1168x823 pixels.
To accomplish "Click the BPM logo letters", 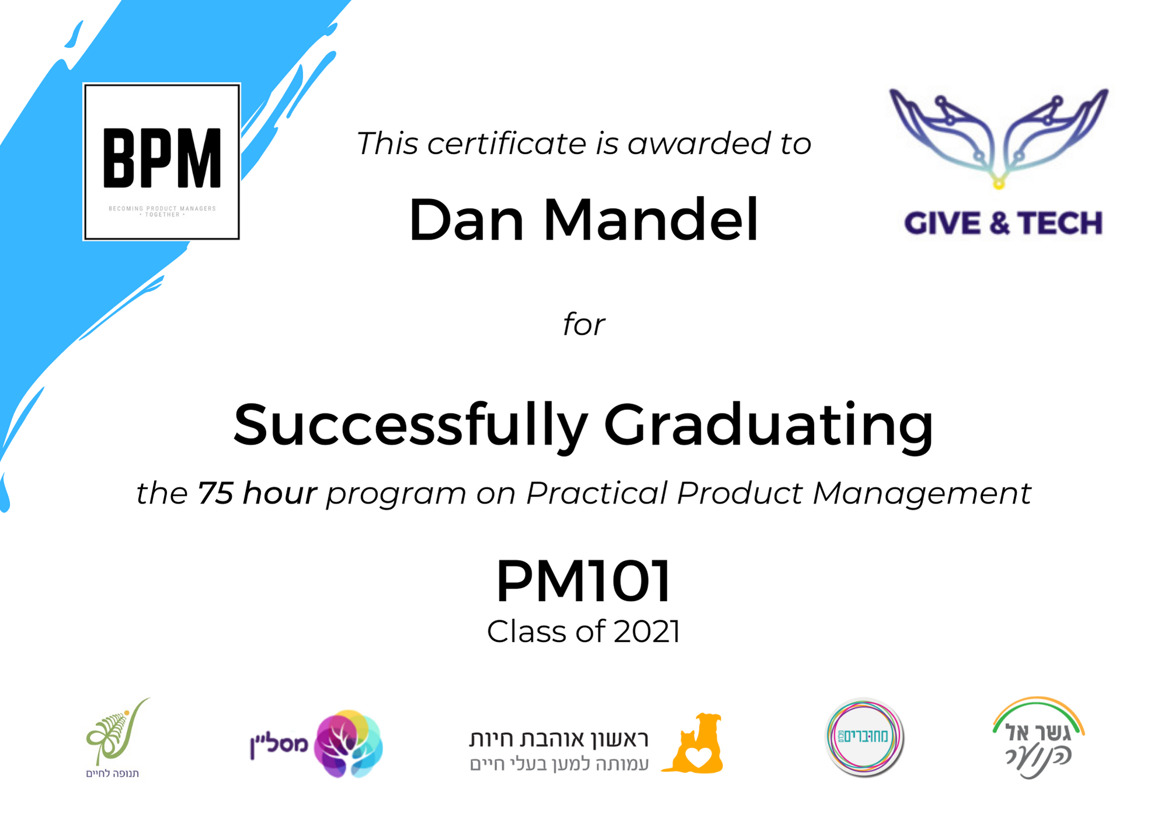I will click(x=162, y=158).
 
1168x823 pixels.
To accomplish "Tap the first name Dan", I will click(x=466, y=221).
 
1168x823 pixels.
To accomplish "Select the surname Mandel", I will click(x=651, y=221).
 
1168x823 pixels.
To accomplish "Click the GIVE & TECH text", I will click(x=1003, y=224).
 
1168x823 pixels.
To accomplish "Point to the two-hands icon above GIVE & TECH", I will click(x=999, y=138).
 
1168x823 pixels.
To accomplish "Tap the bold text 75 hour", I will click(x=257, y=494).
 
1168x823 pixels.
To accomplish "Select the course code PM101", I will click(x=583, y=581).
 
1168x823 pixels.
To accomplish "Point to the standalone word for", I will click(x=583, y=325).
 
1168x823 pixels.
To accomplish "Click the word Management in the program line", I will click(x=922, y=494).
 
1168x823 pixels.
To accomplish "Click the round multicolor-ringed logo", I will click(x=864, y=737).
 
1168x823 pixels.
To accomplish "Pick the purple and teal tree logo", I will click(x=348, y=744).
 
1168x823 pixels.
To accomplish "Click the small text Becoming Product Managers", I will click(x=162, y=209).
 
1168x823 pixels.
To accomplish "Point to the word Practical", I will click(x=596, y=494).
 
